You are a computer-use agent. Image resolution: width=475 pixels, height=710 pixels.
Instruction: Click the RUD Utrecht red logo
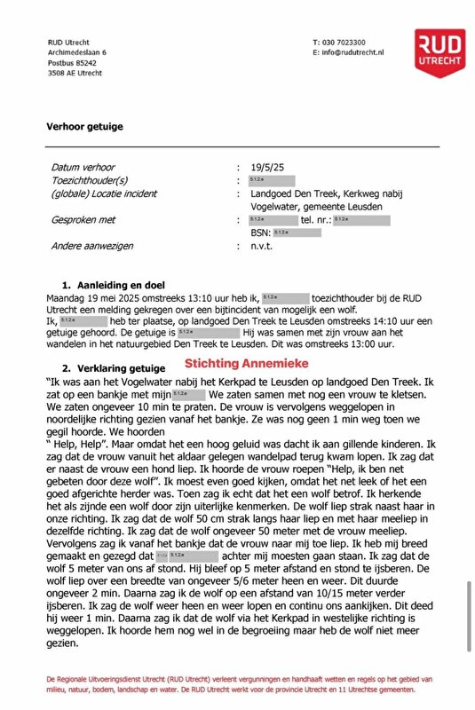439,54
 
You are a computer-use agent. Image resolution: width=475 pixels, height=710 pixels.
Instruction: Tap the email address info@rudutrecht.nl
352,53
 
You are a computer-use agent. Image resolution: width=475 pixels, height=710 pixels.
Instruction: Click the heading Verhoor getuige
85,127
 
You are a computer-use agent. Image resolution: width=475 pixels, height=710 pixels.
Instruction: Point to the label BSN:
260,233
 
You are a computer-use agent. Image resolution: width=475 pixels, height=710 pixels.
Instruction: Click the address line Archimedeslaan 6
77,53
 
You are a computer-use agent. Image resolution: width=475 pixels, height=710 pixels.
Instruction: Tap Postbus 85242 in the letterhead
73,63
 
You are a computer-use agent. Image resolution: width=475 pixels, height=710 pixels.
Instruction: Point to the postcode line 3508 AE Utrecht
75,74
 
